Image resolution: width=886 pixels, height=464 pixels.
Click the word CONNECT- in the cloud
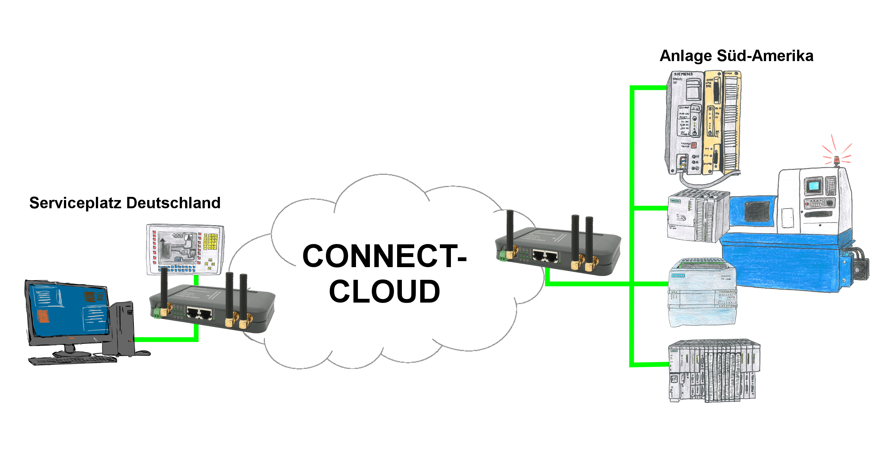tap(384, 256)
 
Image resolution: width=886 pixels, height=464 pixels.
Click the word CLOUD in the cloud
tap(384, 291)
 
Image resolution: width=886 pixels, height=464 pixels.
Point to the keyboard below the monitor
tap(72, 361)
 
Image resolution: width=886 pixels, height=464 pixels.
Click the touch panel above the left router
tap(185, 249)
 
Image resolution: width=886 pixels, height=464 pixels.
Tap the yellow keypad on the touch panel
tap(210, 241)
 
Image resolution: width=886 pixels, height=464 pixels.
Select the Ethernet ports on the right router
tap(545, 255)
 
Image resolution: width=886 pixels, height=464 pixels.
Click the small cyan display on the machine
tap(814, 186)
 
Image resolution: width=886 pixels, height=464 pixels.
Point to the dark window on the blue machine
tap(757, 211)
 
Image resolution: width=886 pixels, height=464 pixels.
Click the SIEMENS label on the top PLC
tap(683, 74)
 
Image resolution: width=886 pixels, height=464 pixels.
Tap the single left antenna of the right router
tap(510, 230)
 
